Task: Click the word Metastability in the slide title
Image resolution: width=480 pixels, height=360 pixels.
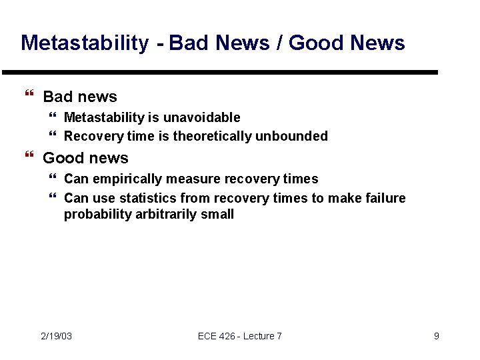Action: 85,43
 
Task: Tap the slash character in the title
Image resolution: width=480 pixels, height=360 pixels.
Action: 279,43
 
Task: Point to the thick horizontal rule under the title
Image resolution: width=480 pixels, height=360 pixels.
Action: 220,72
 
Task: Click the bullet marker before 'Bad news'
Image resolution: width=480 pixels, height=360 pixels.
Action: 28,97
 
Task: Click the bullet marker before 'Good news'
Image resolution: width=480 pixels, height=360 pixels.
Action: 28,158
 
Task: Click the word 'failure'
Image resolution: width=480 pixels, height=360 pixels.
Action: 385,198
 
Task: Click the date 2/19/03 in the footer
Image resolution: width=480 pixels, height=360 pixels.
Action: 57,336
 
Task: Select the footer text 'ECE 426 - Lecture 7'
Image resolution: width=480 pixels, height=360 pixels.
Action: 239,336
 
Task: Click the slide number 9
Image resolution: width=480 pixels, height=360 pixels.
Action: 436,336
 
